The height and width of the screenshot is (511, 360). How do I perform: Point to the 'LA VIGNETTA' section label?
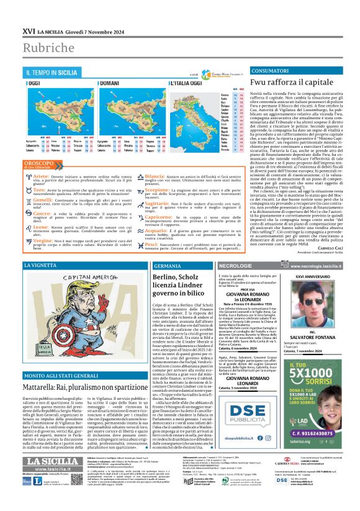click(x=43, y=265)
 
